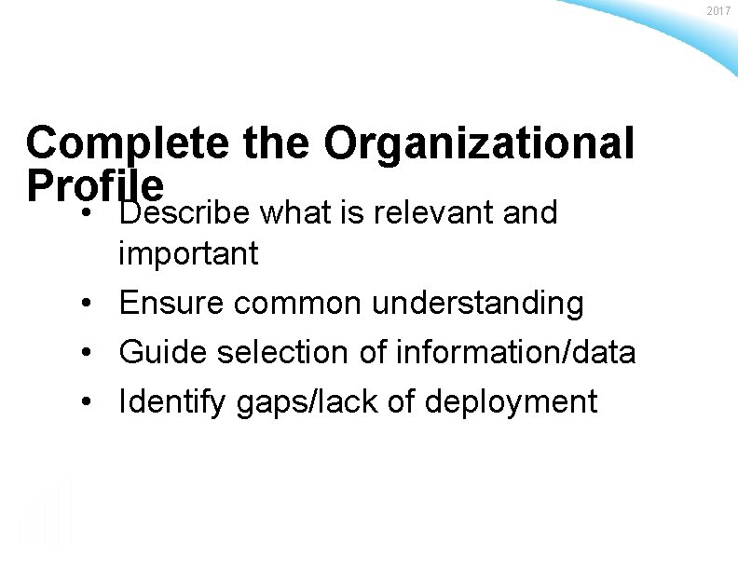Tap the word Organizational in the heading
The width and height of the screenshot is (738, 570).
tap(479, 144)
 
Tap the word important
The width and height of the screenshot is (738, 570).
tap(188, 254)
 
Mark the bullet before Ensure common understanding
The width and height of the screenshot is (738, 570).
tap(85, 304)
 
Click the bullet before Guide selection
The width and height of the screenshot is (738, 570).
tap(85, 353)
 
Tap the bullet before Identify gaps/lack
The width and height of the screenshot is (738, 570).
tap(85, 402)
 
